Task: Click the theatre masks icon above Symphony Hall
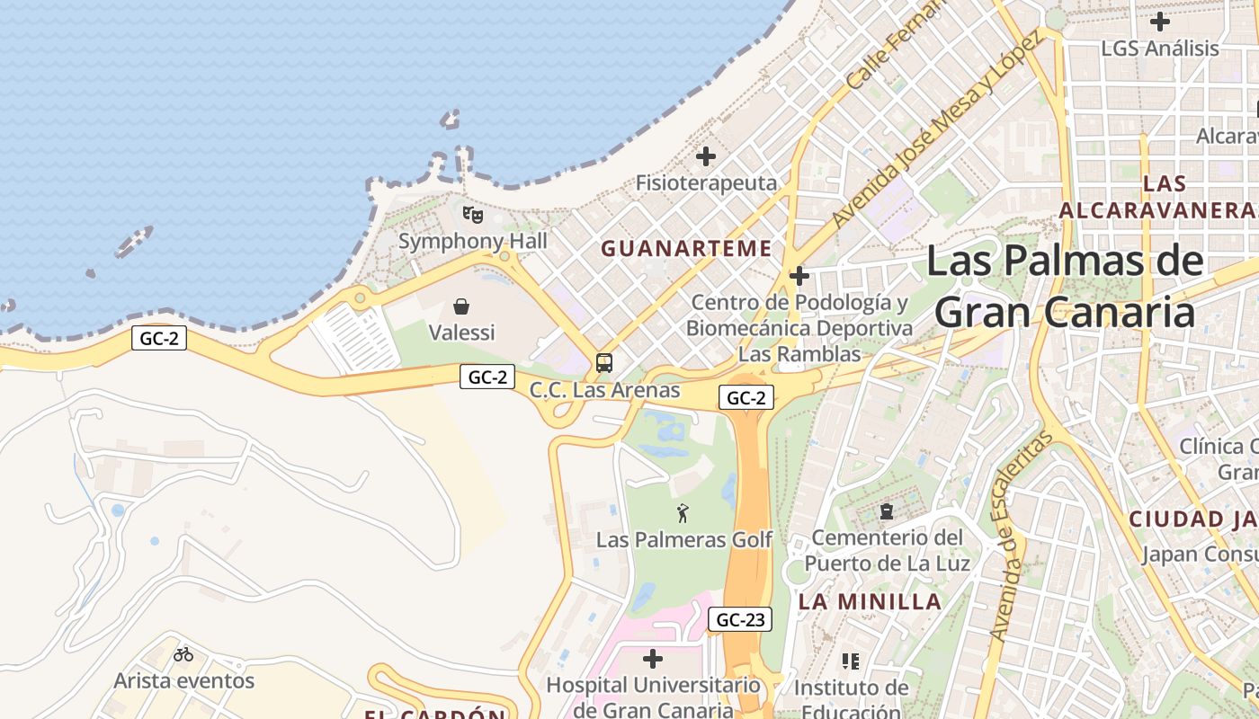point(472,214)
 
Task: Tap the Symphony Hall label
point(472,241)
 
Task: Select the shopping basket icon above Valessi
point(461,306)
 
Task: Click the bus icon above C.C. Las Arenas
point(604,363)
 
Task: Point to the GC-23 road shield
point(740,619)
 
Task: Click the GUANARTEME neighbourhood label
point(687,249)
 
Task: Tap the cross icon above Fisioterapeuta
point(706,156)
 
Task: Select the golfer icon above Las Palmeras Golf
point(683,513)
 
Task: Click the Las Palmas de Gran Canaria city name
point(1065,287)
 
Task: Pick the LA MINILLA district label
point(871,602)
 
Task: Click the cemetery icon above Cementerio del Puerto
point(887,511)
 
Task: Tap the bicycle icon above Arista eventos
point(183,654)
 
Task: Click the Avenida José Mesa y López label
point(936,128)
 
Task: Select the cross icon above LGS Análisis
point(1160,21)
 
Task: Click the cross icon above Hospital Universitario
point(653,659)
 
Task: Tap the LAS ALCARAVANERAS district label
point(1160,197)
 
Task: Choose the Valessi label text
point(461,333)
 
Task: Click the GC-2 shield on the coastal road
point(159,338)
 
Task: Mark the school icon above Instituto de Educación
point(851,661)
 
